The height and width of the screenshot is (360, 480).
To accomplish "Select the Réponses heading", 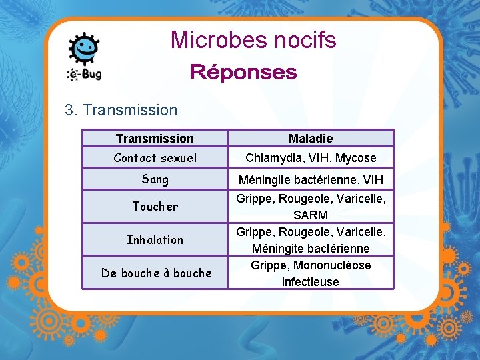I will pos(243,72).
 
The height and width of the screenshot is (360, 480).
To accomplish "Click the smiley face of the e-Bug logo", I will pos(85,48).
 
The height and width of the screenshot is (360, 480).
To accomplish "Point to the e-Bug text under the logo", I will pos(85,74).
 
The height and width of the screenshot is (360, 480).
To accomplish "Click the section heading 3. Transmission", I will pos(121,110).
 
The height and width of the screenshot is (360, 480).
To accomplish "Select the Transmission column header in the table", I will pos(155,138).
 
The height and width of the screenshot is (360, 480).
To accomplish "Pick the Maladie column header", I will pos(311,138).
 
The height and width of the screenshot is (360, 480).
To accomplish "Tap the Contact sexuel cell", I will pos(155,158).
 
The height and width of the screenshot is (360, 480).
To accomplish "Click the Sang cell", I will pos(155,179).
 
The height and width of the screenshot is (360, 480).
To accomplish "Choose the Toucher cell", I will pos(155,206).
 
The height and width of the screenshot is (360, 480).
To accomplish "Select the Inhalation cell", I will pos(155,239).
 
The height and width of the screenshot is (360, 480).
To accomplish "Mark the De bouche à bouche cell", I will pos(156,273).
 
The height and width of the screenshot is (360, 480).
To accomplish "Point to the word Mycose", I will pos(356,158).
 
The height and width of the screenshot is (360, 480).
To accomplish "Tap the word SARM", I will pos(311,215).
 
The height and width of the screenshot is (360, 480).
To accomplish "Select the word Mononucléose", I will pos(329,265).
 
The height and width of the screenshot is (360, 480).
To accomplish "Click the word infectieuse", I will pos(311,281).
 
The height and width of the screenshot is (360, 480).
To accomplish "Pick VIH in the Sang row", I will pos(373,180).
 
